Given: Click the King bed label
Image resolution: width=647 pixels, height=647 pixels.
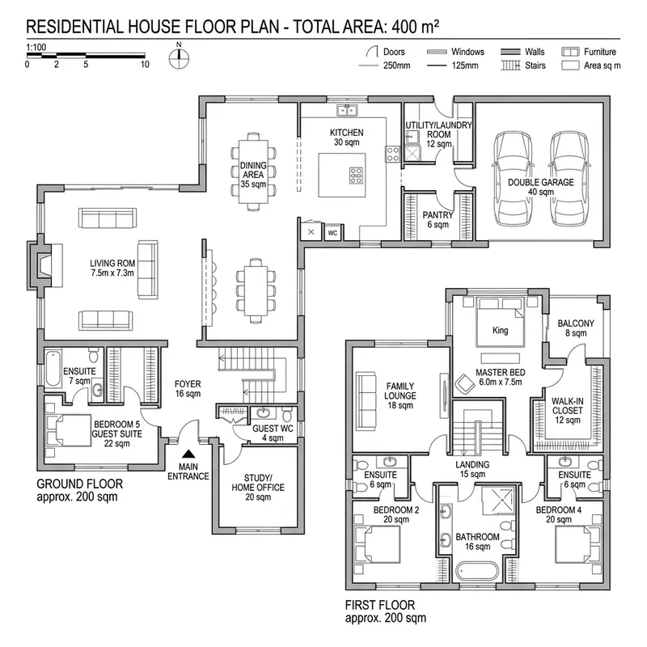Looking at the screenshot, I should tap(500, 331).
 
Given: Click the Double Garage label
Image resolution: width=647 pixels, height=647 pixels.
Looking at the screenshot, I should tap(540, 188).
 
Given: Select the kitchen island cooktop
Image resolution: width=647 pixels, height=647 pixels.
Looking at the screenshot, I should tap(355, 175).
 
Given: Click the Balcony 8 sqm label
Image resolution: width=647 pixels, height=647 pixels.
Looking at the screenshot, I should tap(576, 328).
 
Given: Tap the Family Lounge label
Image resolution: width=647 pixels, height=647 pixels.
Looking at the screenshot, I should tap(400, 395).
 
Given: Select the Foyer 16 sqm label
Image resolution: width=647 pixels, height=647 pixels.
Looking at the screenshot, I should tap(188, 389).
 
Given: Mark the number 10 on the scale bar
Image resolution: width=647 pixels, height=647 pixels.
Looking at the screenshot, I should tap(144, 64).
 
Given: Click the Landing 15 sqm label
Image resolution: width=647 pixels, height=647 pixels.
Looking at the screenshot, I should tap(472, 469).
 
